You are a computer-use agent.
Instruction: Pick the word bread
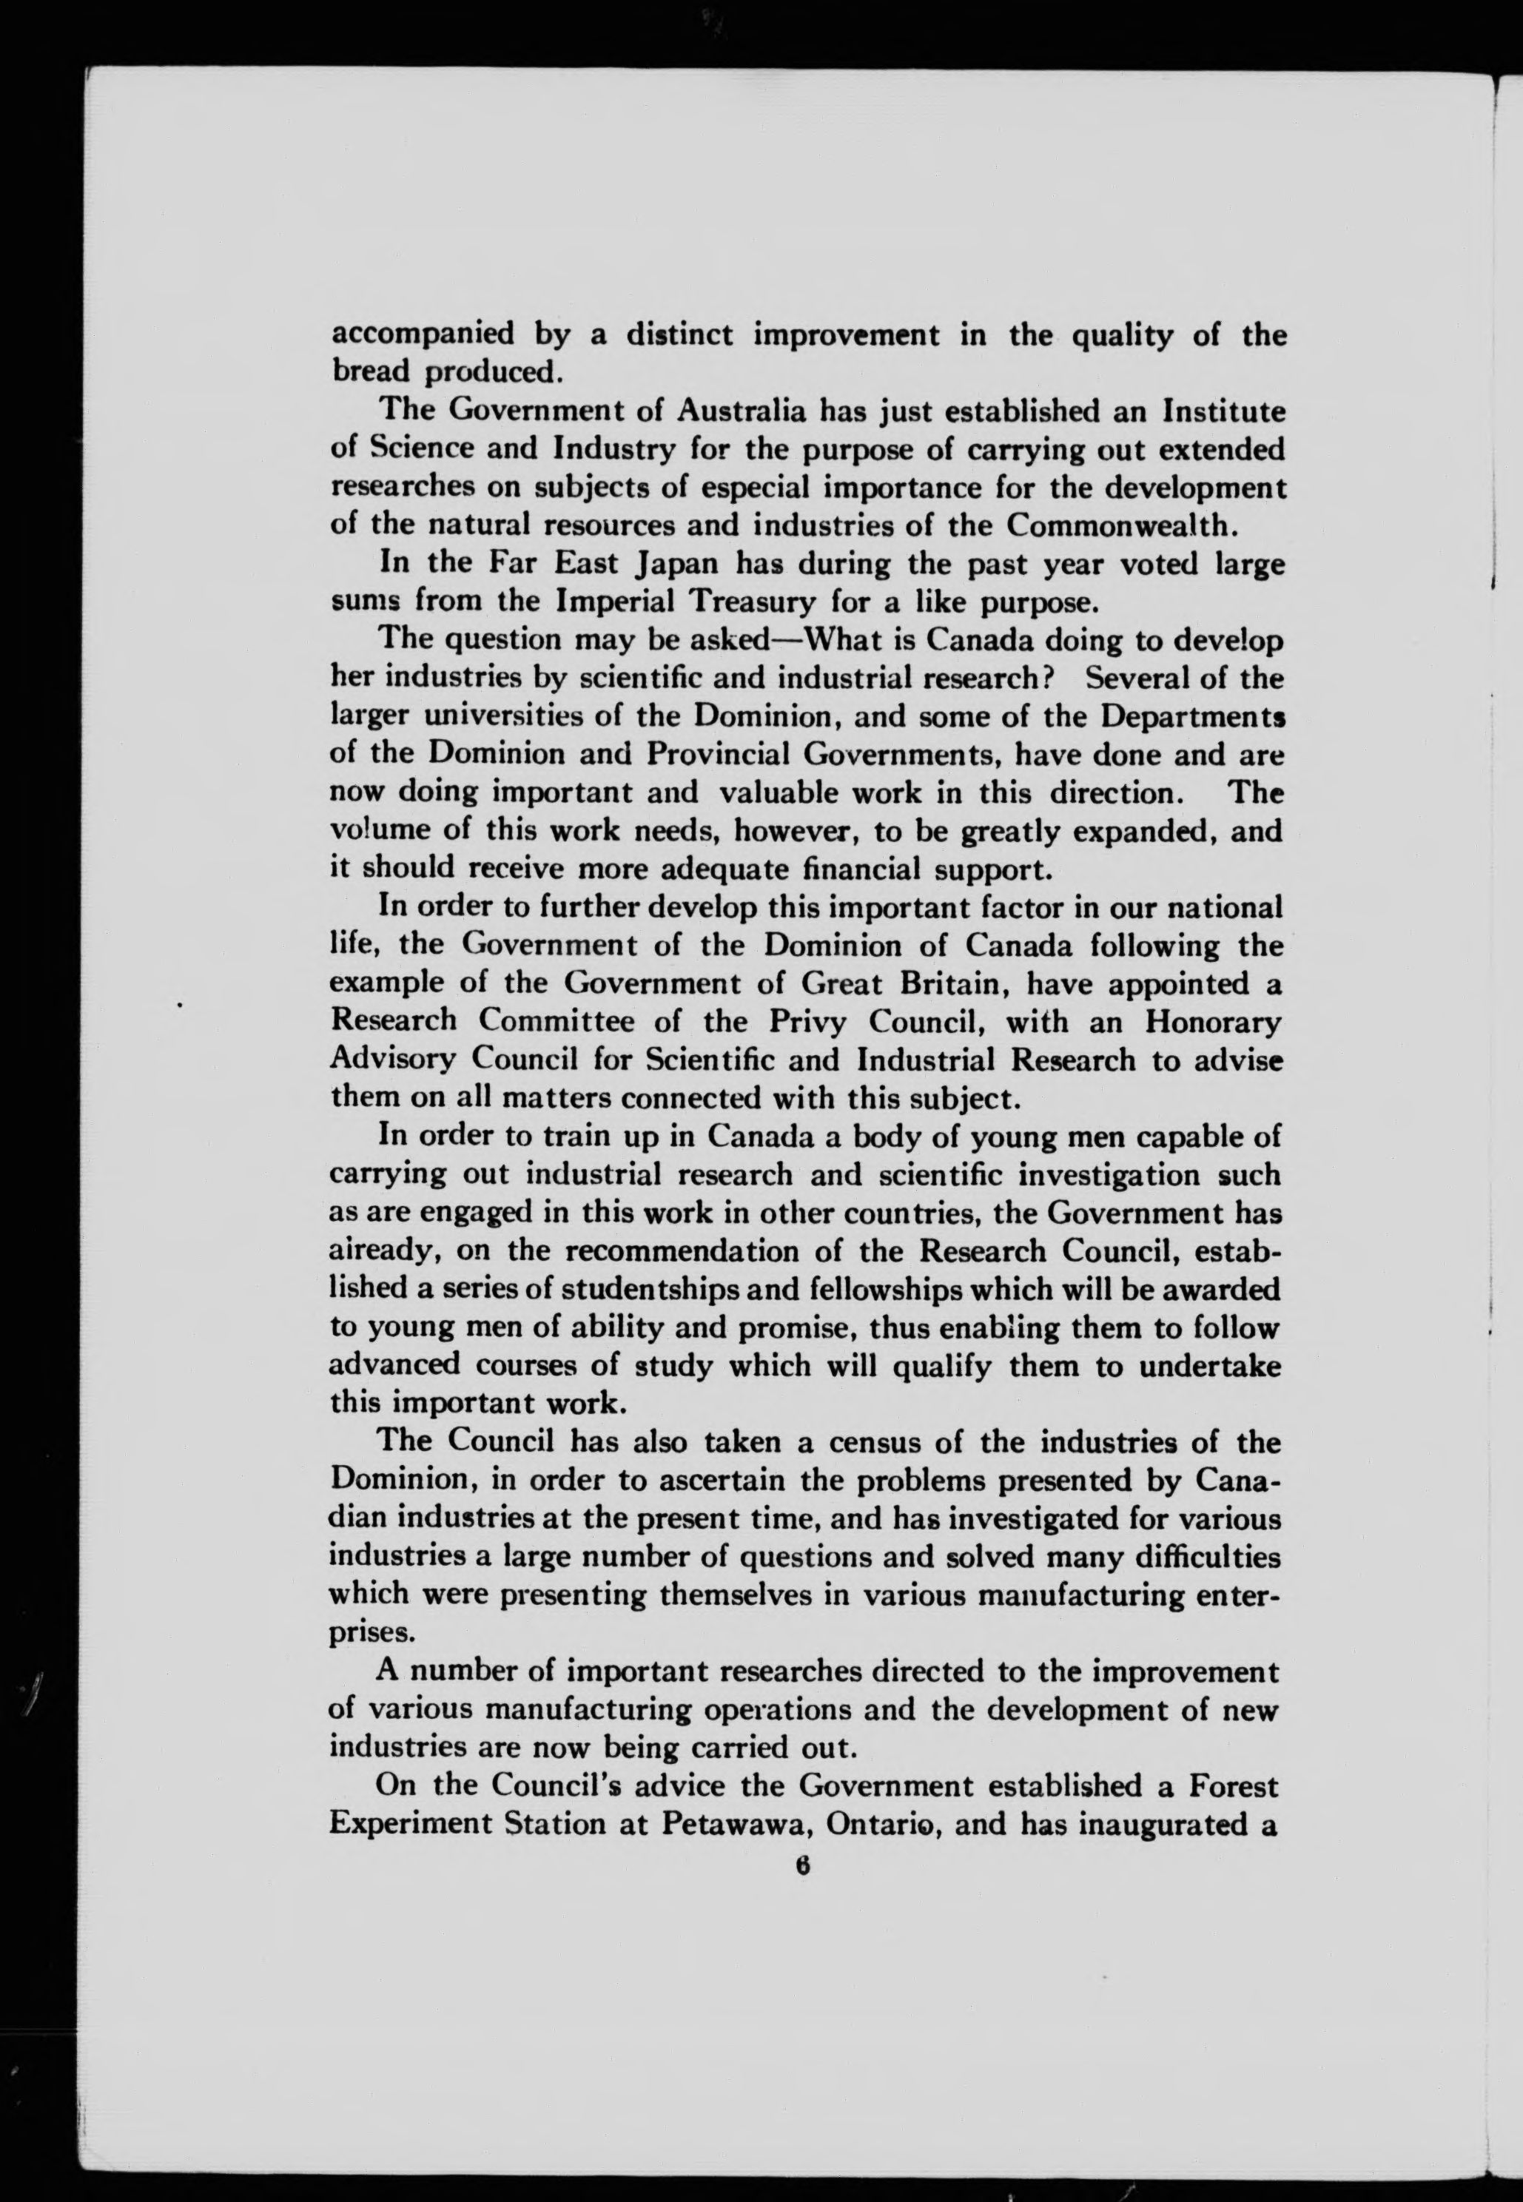tap(370, 372)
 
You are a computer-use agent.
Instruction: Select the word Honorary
tap(1212, 1022)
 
